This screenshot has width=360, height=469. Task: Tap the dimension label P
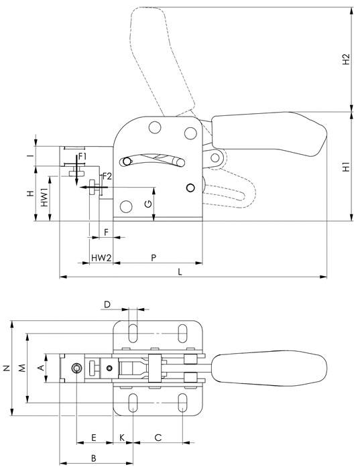(154, 257)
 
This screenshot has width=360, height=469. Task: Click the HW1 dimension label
(44, 197)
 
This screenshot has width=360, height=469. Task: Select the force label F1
(82, 156)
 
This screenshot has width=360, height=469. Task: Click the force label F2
(106, 176)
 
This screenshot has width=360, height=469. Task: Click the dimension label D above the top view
(107, 305)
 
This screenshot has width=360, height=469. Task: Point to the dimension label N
(6, 367)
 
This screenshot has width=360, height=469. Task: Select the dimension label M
(22, 367)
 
